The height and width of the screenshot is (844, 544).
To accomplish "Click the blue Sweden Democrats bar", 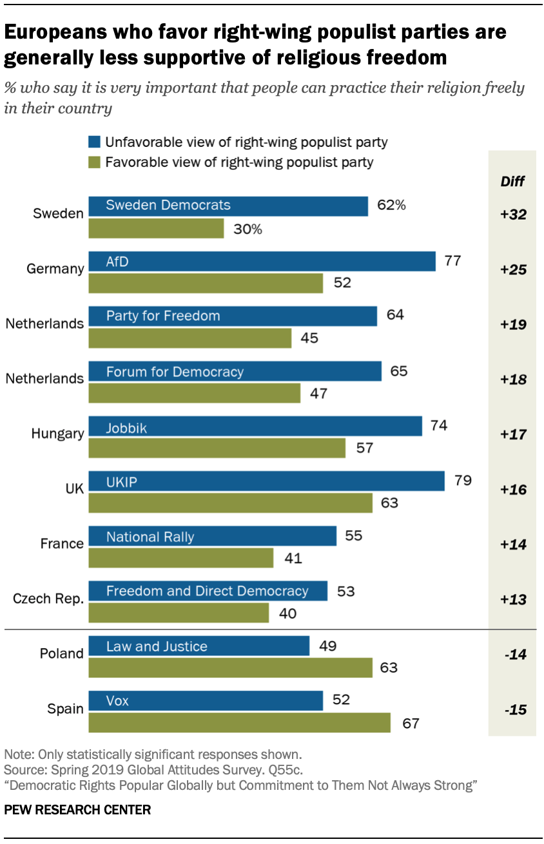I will point(228,206).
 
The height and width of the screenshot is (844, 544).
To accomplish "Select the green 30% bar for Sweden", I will point(156,229).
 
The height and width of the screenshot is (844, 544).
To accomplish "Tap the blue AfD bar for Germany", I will point(262,261).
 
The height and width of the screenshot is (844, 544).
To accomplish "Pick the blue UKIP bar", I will point(266,481).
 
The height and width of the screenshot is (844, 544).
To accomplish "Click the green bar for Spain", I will point(239,723).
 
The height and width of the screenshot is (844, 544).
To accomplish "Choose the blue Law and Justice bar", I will point(199,646).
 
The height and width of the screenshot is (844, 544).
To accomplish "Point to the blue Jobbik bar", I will point(255,427).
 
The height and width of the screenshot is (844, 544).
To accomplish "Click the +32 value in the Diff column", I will point(513,215).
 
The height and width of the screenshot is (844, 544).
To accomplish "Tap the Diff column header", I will point(512,181).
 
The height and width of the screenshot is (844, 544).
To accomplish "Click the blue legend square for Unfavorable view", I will point(94,142).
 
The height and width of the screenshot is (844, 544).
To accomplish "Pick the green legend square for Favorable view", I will point(94,162).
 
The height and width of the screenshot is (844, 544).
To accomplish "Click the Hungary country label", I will point(57,434).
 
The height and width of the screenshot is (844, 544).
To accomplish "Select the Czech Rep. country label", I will point(48,599).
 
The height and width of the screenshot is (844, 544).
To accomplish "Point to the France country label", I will point(62,544).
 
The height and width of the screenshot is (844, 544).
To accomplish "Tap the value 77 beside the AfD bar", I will point(454,261).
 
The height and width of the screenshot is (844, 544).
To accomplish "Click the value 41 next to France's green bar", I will point(293,559).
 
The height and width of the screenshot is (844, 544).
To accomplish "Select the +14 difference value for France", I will point(513,544).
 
